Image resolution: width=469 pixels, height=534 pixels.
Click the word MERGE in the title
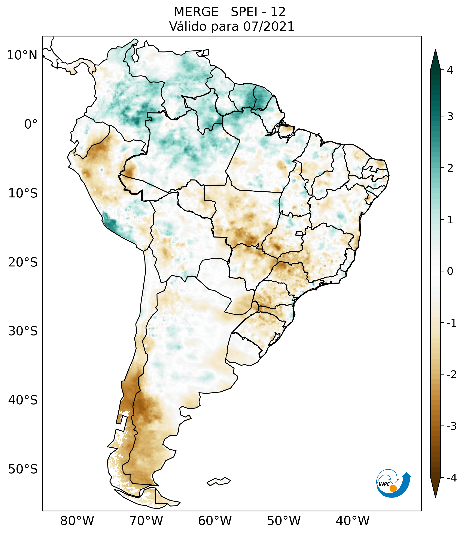[196, 12]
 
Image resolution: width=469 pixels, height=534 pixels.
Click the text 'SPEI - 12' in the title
[258, 12]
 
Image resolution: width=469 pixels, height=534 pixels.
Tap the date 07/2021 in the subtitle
[269, 26]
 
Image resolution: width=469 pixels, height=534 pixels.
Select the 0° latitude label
[31, 124]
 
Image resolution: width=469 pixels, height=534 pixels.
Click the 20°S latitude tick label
[23, 262]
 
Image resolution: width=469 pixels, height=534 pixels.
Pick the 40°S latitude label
[23, 400]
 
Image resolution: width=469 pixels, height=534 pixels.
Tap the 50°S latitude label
[23, 469]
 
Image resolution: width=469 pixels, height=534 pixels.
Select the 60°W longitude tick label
[215, 521]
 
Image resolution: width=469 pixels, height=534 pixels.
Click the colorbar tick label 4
[450, 70]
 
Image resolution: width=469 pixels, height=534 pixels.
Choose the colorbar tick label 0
[450, 271]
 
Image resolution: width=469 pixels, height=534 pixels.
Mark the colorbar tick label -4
[451, 478]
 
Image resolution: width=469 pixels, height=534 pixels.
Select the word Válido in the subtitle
[188, 26]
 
